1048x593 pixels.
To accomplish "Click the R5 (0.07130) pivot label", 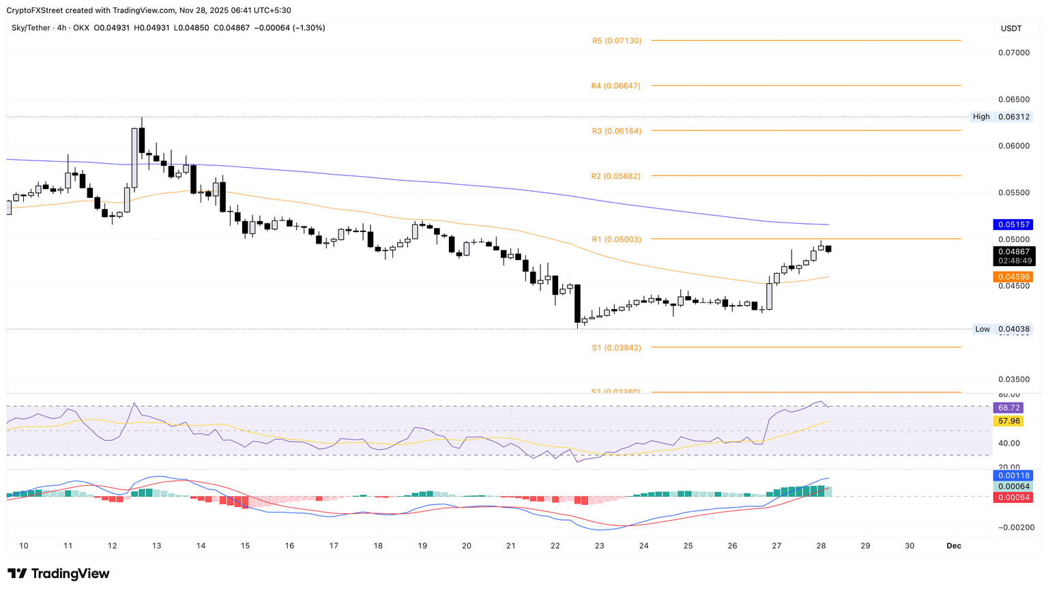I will coord(617,41).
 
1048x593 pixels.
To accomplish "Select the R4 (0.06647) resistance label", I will coord(616,86).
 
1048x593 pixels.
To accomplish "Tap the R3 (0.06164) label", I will coord(616,131).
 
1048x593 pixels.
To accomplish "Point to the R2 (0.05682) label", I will coord(615,176).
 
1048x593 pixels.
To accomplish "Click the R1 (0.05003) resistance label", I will coord(616,240).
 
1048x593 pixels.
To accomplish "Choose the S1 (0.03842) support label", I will coord(616,348).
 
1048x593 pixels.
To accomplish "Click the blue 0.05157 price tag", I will coord(1015,225).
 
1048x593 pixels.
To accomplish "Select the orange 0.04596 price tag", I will coord(1015,277).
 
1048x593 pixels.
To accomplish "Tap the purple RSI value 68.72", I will coord(1009,408).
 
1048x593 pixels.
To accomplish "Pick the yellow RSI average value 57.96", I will coord(1009,421).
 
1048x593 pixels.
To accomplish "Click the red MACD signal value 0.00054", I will coord(1015,497).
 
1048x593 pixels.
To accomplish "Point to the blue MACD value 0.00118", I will coord(1015,476).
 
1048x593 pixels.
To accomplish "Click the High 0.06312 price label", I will coord(1001,117).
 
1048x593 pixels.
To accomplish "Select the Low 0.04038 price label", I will coord(1001,329).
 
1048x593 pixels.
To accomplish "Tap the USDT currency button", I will coord(1011,29).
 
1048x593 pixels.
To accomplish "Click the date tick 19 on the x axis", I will coord(422,546).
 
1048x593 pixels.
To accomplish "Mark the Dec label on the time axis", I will coord(954,546).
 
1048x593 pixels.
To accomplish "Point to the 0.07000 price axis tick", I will coord(1014,53).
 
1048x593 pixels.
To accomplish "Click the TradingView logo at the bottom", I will coord(59,574).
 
